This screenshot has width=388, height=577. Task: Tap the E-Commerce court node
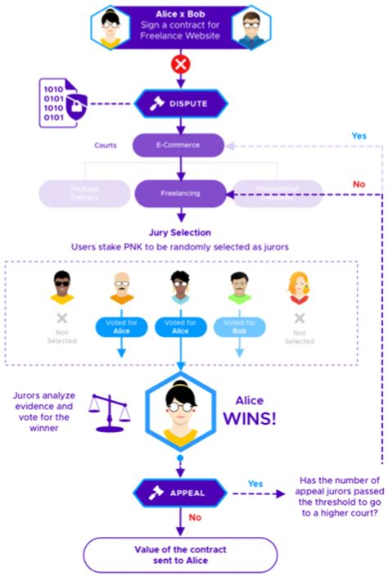(x=178, y=146)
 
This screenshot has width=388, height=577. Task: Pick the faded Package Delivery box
(x=83, y=193)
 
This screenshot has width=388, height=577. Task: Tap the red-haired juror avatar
(x=298, y=287)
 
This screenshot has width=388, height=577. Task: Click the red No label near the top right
(x=359, y=184)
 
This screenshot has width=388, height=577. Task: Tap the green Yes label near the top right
(x=359, y=135)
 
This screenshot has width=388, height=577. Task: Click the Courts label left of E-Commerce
(x=106, y=146)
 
